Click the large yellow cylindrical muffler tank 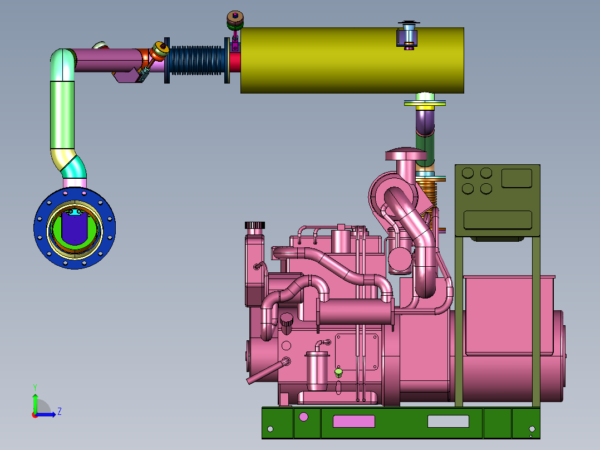pyautogui.click(x=352, y=60)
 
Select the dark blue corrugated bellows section pyautogui.click(x=195, y=61)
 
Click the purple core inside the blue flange pyautogui.click(x=75, y=228)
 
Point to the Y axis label pyautogui.click(x=35, y=388)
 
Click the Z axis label pyautogui.click(x=60, y=412)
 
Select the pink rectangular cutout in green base pyautogui.click(x=354, y=421)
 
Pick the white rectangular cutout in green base pyautogui.click(x=448, y=421)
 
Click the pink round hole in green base pyautogui.click(x=303, y=417)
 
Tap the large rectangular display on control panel pyautogui.click(x=498, y=220)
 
